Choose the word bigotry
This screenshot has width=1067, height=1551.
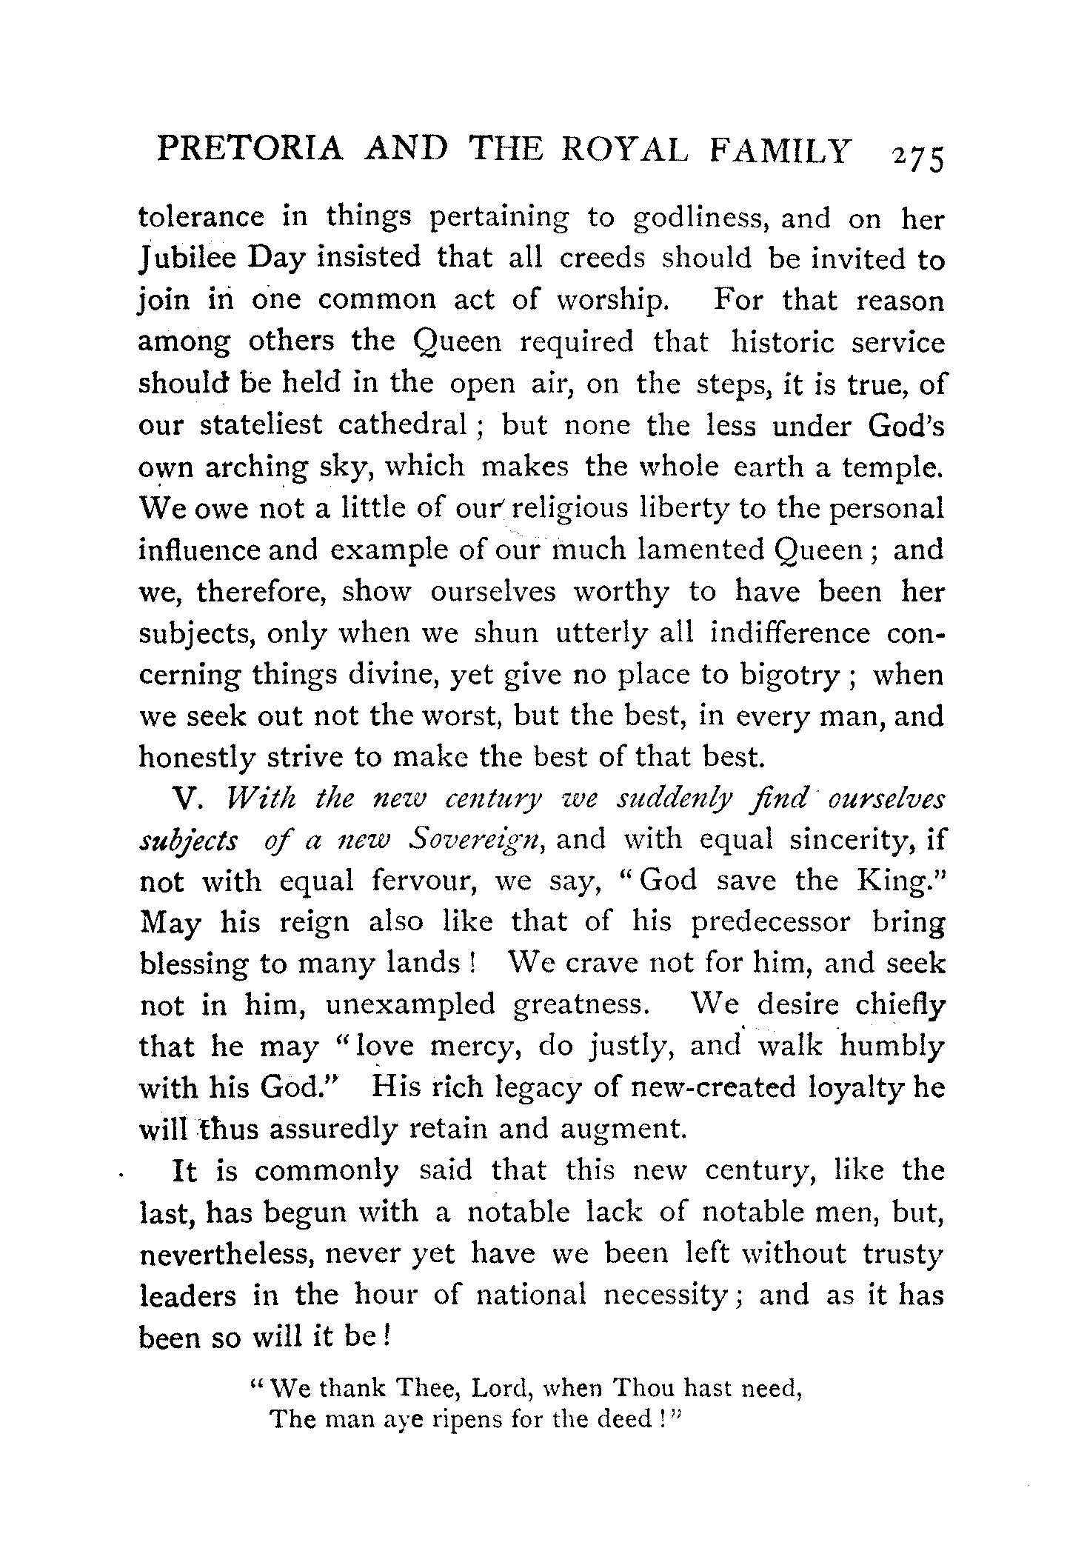790,676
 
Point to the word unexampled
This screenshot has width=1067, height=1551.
409,1005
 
